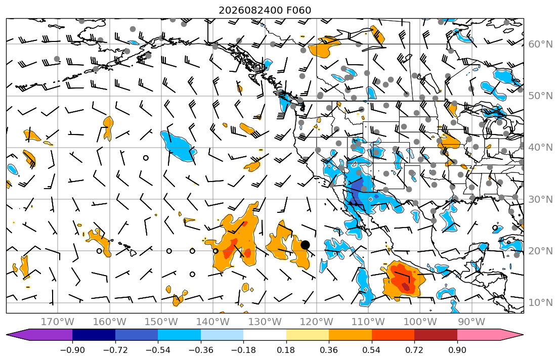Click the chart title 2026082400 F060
265,10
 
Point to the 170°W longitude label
58,322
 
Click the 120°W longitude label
317,322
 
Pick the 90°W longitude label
471,322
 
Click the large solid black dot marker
305,245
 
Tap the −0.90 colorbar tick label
72,350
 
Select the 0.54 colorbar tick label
371,350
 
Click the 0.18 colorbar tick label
286,350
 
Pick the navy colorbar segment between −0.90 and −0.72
94,335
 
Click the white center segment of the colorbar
265,335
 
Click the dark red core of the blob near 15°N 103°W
406,286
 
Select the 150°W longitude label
161,322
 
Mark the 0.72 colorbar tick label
414,350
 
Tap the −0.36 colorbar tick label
201,350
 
